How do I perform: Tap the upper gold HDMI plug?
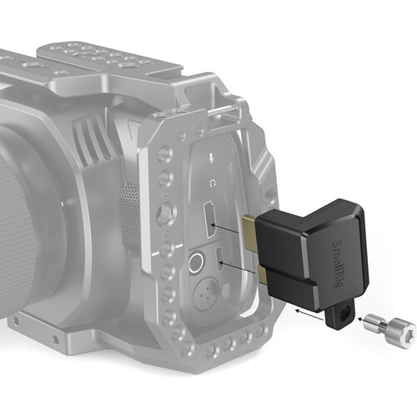(x=250, y=232)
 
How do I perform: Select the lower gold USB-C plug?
(x=262, y=274)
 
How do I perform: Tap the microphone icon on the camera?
(x=212, y=158)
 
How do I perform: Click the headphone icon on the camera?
(x=213, y=183)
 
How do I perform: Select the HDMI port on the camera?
(x=210, y=220)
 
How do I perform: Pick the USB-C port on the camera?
(x=220, y=259)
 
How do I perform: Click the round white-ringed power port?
(x=195, y=262)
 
